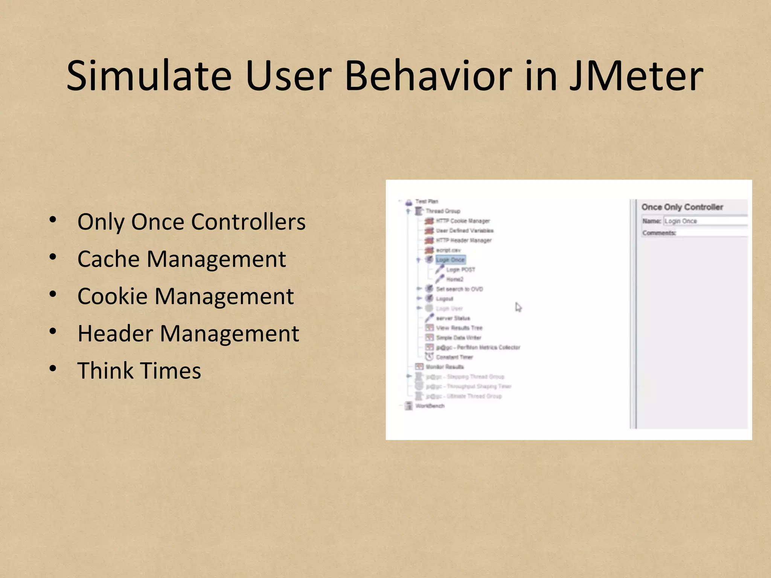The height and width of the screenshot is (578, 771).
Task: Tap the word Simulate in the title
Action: [149, 76]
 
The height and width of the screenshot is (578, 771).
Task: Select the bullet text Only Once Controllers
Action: [191, 222]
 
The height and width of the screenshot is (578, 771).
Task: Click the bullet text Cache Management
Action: [181, 259]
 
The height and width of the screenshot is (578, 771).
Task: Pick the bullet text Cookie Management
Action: [185, 297]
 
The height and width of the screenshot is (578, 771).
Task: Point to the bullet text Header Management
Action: [188, 334]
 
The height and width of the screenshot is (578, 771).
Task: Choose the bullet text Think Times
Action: [139, 371]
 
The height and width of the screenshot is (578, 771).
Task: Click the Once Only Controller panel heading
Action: [682, 207]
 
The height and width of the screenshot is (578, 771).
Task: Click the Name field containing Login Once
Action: [704, 221]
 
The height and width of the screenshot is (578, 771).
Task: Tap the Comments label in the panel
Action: [659, 233]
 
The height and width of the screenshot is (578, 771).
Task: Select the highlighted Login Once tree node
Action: [450, 260]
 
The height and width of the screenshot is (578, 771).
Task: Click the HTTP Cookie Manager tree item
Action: [462, 221]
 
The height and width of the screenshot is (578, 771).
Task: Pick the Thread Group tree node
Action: [443, 211]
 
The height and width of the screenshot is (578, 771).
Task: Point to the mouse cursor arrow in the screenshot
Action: [518, 307]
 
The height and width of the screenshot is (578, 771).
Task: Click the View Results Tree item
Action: [459, 328]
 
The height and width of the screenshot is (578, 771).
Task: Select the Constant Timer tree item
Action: [454, 357]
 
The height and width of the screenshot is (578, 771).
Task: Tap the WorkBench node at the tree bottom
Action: [430, 406]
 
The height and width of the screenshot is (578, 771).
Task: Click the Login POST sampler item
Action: [460, 269]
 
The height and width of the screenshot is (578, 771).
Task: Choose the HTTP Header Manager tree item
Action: [463, 240]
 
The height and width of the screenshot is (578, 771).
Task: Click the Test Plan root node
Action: [427, 201]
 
